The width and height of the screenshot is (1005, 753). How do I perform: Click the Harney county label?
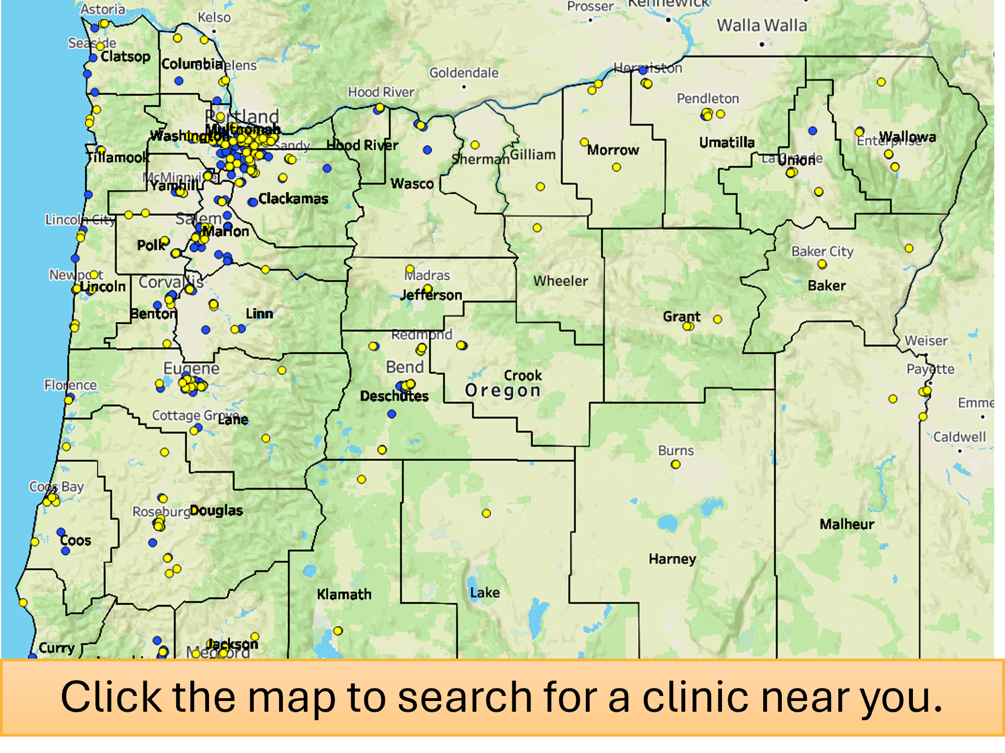(x=672, y=559)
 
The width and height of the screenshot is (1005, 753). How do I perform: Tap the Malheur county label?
(x=846, y=524)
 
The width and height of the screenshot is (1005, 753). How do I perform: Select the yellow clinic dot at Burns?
(x=676, y=465)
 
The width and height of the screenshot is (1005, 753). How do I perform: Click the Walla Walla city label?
(x=762, y=25)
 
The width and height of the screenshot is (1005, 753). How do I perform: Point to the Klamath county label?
(x=344, y=594)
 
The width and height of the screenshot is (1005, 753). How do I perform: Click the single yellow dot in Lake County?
(x=486, y=513)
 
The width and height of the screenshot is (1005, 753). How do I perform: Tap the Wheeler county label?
(x=560, y=281)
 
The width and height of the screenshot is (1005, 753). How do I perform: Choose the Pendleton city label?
(x=708, y=98)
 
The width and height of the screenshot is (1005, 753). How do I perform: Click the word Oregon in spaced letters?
(x=503, y=391)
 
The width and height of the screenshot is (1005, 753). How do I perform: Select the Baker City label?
(x=822, y=251)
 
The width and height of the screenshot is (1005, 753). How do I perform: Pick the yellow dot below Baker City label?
(x=822, y=265)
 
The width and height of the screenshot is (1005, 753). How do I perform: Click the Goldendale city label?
(x=464, y=73)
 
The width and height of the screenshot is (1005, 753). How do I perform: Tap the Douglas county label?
(x=216, y=510)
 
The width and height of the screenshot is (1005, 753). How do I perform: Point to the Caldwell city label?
(x=959, y=437)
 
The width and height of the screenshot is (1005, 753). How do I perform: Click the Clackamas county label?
(x=293, y=199)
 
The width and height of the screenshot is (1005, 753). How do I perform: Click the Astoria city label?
(x=103, y=9)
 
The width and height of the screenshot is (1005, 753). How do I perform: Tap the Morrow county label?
(x=613, y=150)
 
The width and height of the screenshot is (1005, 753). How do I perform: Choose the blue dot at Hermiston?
(x=643, y=71)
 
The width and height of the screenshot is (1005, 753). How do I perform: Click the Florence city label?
(x=71, y=385)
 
